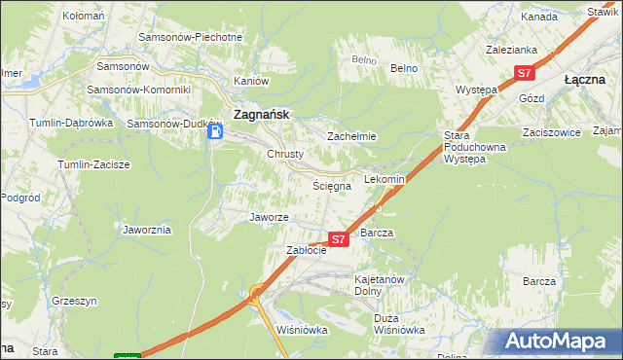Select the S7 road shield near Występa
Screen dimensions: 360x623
(x=525, y=73)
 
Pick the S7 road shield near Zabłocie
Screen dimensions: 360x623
(x=338, y=238)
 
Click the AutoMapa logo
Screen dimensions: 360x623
(x=559, y=341)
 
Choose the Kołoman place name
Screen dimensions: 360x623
(x=83, y=17)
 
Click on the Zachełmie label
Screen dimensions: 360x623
(x=351, y=136)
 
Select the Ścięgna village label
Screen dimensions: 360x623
(x=330, y=185)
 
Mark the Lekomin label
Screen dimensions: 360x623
(x=384, y=180)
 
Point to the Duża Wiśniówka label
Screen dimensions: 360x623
(x=399, y=324)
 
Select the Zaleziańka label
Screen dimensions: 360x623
(x=512, y=49)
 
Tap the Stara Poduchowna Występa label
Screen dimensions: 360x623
(x=470, y=146)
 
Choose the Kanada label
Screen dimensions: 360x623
(x=538, y=18)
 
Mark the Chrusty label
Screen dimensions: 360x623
(x=286, y=154)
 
